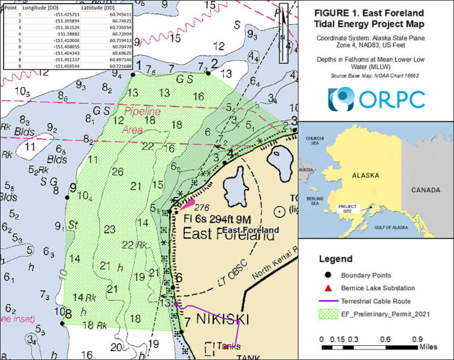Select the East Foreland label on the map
[x=228, y=235]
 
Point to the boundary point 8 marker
[x=61, y=323]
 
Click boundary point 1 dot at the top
[x=132, y=74]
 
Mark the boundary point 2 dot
[x=208, y=73]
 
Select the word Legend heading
[x=335, y=259]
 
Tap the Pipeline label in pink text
[x=142, y=110]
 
